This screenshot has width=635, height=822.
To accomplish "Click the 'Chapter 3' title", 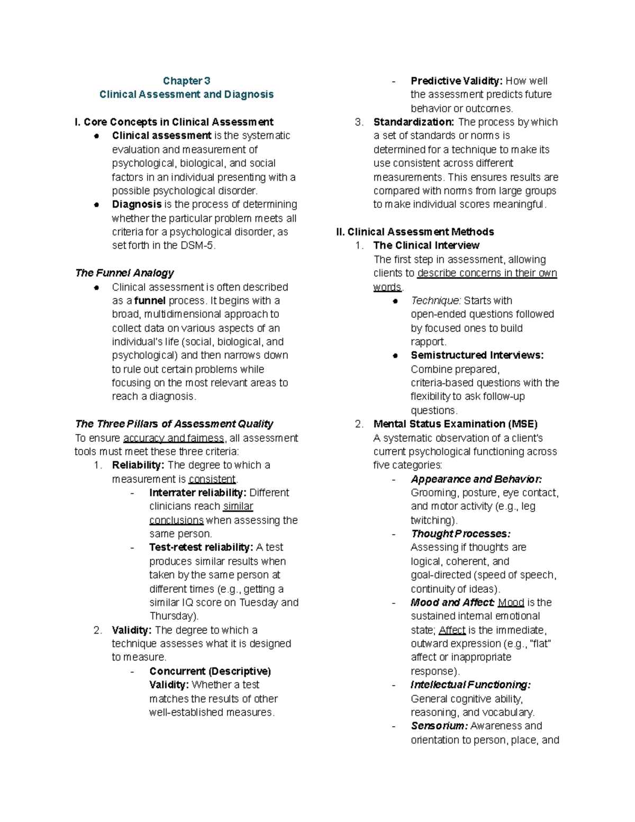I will (x=186, y=81).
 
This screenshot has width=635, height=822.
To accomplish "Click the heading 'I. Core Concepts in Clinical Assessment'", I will (x=174, y=122).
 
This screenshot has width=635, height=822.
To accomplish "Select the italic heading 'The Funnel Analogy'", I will (x=124, y=273).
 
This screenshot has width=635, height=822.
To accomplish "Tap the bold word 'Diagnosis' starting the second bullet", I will (x=137, y=204).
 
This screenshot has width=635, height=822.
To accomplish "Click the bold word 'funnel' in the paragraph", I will (x=150, y=301).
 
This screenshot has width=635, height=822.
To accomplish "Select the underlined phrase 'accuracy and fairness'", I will (x=174, y=438).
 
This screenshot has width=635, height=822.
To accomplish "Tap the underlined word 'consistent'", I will (x=212, y=479).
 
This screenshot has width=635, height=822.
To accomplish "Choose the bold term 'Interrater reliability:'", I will (x=198, y=493).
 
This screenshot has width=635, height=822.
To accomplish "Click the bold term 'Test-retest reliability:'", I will (x=201, y=547).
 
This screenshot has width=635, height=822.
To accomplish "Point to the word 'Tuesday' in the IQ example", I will (x=259, y=602).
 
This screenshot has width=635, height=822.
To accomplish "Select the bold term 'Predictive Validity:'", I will (x=457, y=81).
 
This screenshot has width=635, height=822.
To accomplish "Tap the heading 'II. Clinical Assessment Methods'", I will (x=415, y=232).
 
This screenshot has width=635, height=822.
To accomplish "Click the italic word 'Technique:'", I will (x=436, y=301).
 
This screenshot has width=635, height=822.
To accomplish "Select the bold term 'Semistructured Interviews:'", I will (x=477, y=355).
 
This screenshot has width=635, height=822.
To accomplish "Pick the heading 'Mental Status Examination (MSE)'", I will (x=455, y=424).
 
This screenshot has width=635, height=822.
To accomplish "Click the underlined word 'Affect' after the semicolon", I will (x=452, y=630).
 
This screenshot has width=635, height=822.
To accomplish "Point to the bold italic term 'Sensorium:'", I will (x=439, y=726).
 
